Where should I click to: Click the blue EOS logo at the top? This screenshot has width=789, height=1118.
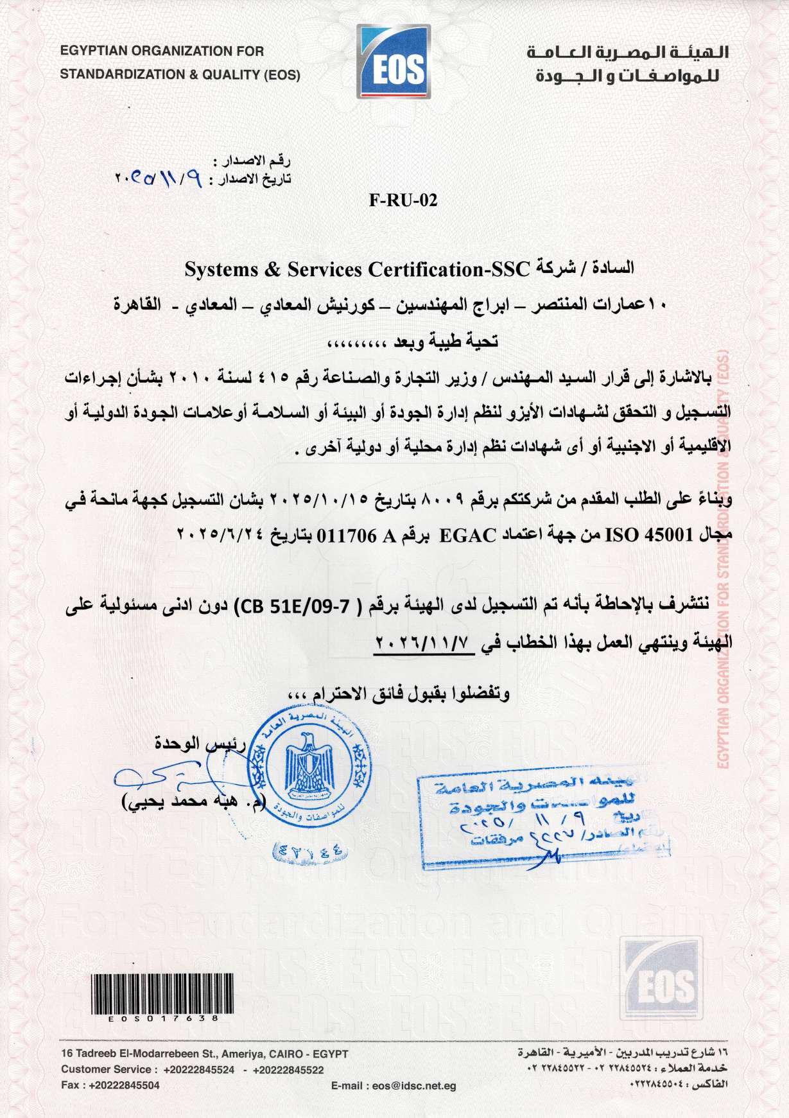pos(394,62)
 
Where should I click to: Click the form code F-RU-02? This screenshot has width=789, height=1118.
pos(403,200)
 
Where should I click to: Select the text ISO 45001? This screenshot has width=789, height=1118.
pos(649,535)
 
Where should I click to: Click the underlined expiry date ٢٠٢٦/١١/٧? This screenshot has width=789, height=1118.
pos(424,642)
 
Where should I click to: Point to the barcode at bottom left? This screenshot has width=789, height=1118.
pos(162,993)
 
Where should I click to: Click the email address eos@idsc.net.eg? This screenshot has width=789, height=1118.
pos(414,1086)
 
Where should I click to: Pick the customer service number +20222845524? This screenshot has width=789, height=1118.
pos(199,1070)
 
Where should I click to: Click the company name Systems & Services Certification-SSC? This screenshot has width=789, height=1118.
pos(357,269)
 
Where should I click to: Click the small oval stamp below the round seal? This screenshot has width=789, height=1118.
pos(310,852)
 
